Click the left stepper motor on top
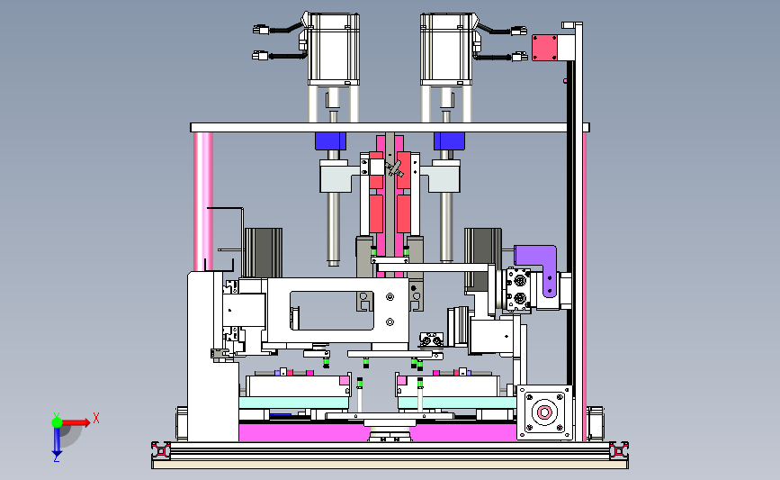coord(333,49)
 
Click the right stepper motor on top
coord(446,49)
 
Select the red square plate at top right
coord(544,48)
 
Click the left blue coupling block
coord(330,140)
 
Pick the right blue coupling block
coord(449,140)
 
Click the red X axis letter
coord(96,418)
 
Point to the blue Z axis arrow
coord(57,441)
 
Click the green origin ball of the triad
coord(57,422)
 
